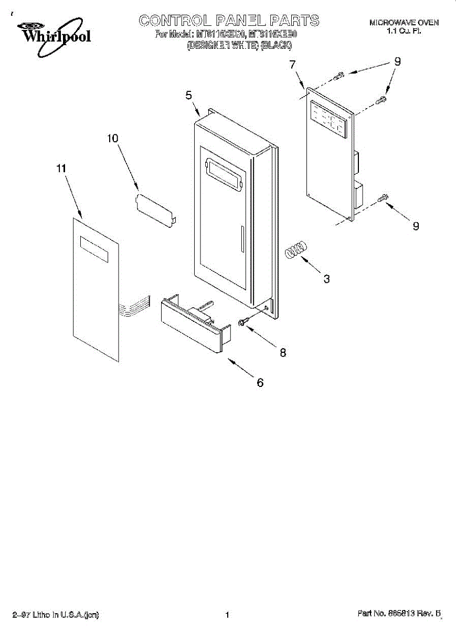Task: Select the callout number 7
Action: tap(292, 65)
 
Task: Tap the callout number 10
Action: tap(113, 138)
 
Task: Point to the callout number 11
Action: tap(61, 169)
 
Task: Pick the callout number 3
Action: tap(326, 279)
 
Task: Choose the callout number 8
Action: tap(283, 353)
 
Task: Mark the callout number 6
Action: tap(260, 383)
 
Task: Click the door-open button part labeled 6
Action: tap(192, 322)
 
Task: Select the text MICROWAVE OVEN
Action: tap(404, 23)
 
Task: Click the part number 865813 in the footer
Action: tap(401, 613)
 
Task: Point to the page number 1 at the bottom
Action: tap(227, 615)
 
